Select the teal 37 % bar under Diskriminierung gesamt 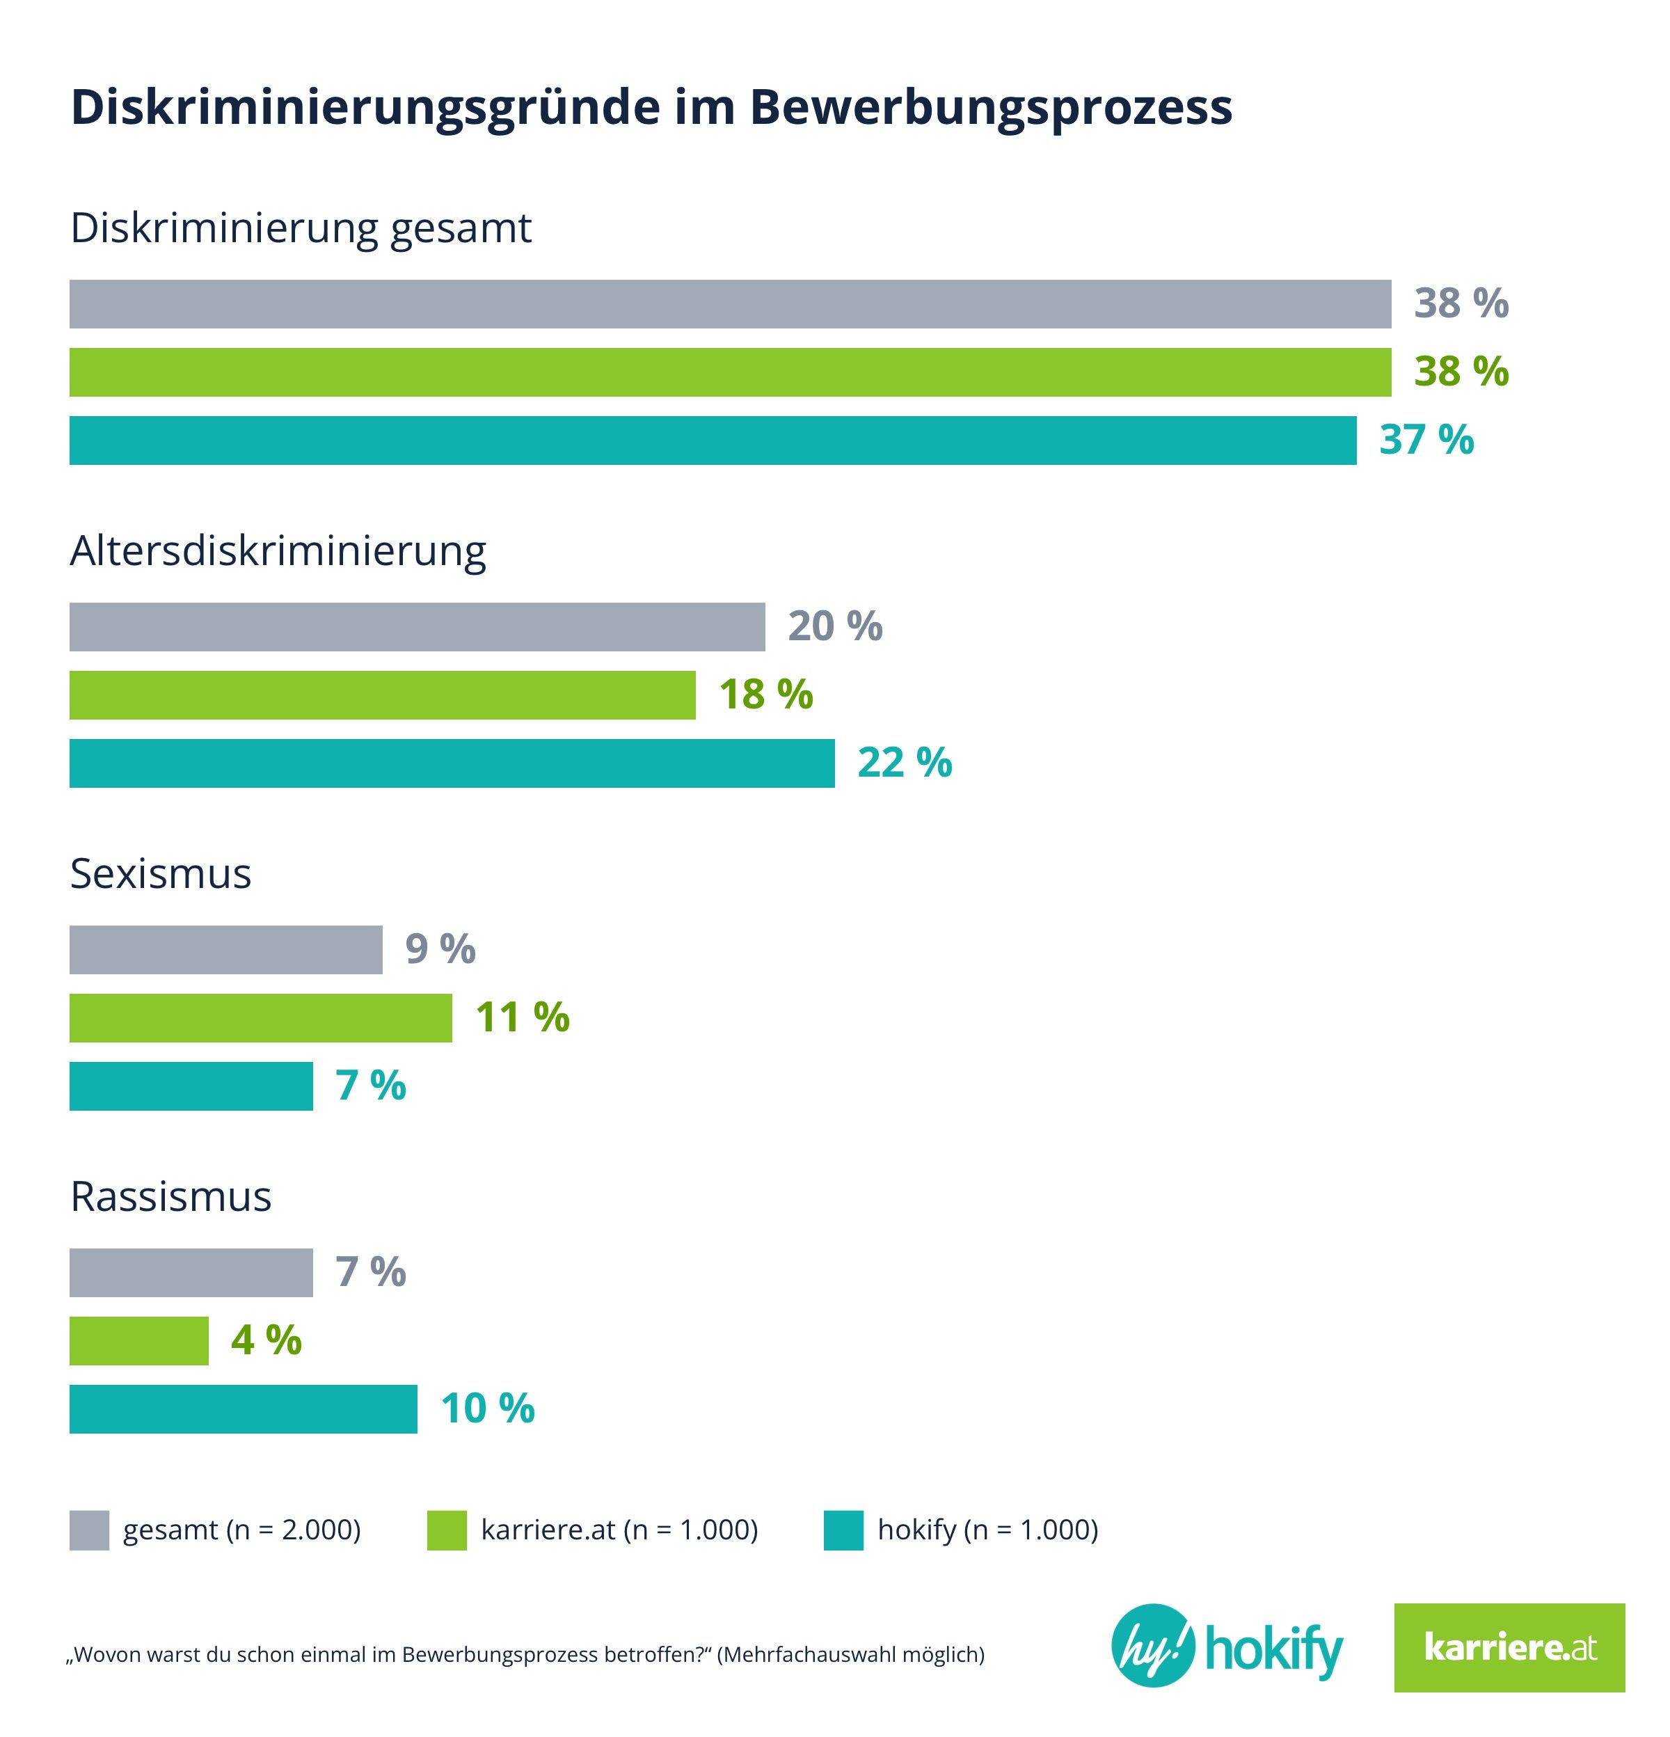[x=713, y=441]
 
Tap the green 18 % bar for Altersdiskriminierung [x=382, y=695]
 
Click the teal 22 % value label [x=904, y=763]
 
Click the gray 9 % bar [x=226, y=950]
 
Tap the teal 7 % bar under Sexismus [x=191, y=1086]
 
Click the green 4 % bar [x=138, y=1341]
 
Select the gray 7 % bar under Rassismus [x=191, y=1273]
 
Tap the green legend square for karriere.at [x=447, y=1530]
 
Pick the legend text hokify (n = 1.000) [x=987, y=1530]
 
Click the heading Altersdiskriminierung [x=278, y=551]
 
